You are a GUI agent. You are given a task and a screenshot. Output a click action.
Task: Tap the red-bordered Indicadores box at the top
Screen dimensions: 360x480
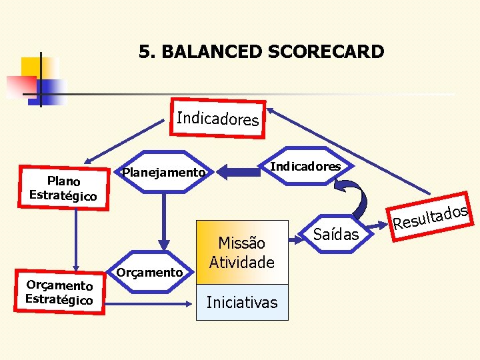pos(217,119)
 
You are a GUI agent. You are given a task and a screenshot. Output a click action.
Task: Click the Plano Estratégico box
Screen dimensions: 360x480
pos(63,189)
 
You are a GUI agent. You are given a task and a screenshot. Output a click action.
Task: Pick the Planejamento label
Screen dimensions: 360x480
pos(163,173)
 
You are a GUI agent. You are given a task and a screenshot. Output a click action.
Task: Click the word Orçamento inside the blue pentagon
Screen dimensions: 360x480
pos(149,272)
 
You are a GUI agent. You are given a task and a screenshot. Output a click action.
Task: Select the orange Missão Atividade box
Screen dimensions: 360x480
pos(241,253)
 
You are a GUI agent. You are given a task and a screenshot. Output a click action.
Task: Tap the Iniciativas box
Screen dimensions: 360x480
pos(241,303)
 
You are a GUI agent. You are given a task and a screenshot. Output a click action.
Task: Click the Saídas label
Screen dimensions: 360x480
pos(336,234)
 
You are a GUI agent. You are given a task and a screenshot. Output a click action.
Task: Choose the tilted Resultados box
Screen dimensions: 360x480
pos(429,216)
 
